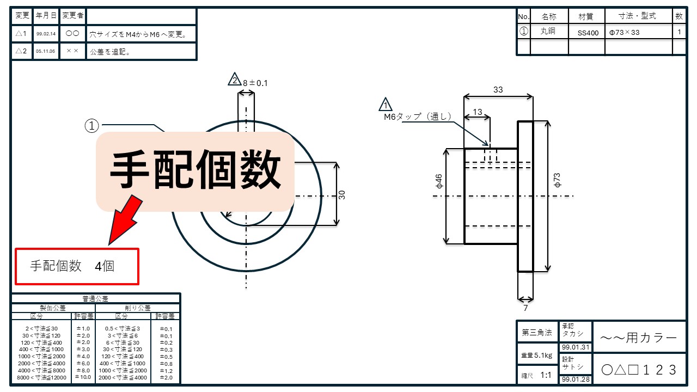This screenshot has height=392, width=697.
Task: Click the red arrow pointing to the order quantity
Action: pos(124,219)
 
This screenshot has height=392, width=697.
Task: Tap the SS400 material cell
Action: pos(588,33)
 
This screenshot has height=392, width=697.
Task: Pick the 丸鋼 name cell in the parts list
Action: pos(548,32)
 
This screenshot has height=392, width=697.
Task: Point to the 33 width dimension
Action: pos(498,90)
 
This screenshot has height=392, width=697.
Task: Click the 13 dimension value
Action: pos(477,112)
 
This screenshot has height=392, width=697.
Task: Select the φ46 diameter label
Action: pos(439,181)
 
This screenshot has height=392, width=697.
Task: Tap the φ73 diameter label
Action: pos(557,180)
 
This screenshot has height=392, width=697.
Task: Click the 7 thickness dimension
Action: pos(525,308)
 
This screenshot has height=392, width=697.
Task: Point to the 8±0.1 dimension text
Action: pos(255,83)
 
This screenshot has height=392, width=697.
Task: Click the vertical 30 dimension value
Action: pos(342,194)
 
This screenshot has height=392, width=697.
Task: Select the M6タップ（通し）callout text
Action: pos(417,117)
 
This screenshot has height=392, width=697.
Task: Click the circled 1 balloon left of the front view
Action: pos(91,126)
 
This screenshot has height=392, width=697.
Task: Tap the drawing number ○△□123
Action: pos(639,370)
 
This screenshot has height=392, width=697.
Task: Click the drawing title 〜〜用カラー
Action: pos(639,338)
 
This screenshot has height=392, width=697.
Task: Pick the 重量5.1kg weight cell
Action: pos(537,356)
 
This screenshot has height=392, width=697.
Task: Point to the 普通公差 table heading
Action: pos(95,298)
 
